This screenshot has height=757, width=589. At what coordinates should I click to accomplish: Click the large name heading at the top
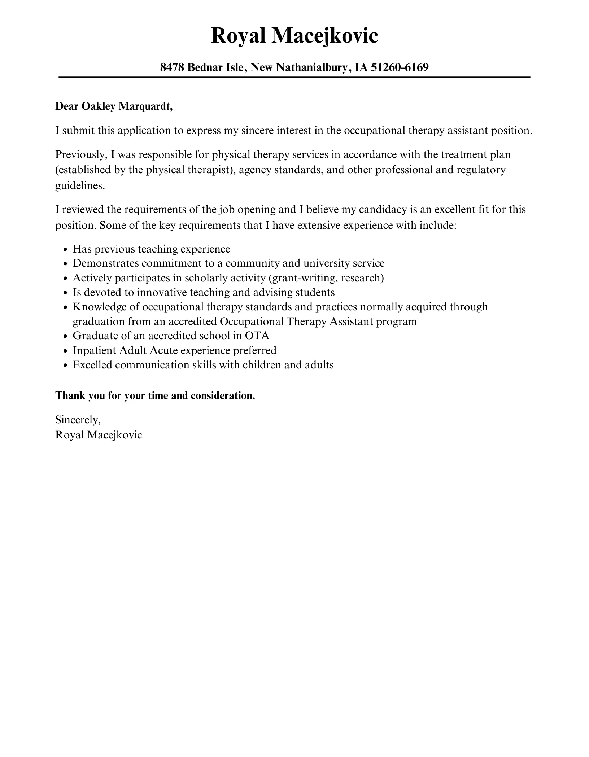[x=294, y=36]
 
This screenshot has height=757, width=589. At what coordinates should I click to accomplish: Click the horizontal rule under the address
[x=294, y=77]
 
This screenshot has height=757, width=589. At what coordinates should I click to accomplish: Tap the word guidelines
[x=79, y=185]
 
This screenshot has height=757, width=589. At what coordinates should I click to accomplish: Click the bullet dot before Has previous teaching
[x=65, y=250]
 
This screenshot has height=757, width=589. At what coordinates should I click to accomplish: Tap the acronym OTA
[x=257, y=336]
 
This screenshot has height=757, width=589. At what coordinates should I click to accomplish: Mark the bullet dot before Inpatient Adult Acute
[x=65, y=351]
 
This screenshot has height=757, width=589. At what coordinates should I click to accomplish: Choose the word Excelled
[x=92, y=365]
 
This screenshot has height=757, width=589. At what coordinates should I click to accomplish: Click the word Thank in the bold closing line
[x=70, y=396]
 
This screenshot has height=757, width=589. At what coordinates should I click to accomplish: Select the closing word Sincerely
[x=78, y=420]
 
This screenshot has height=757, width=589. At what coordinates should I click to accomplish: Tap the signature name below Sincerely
[x=99, y=435]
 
